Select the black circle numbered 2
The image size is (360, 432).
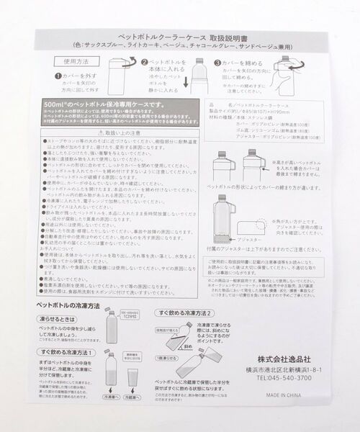tap(144, 64)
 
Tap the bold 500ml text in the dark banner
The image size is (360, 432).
tap(57, 105)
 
